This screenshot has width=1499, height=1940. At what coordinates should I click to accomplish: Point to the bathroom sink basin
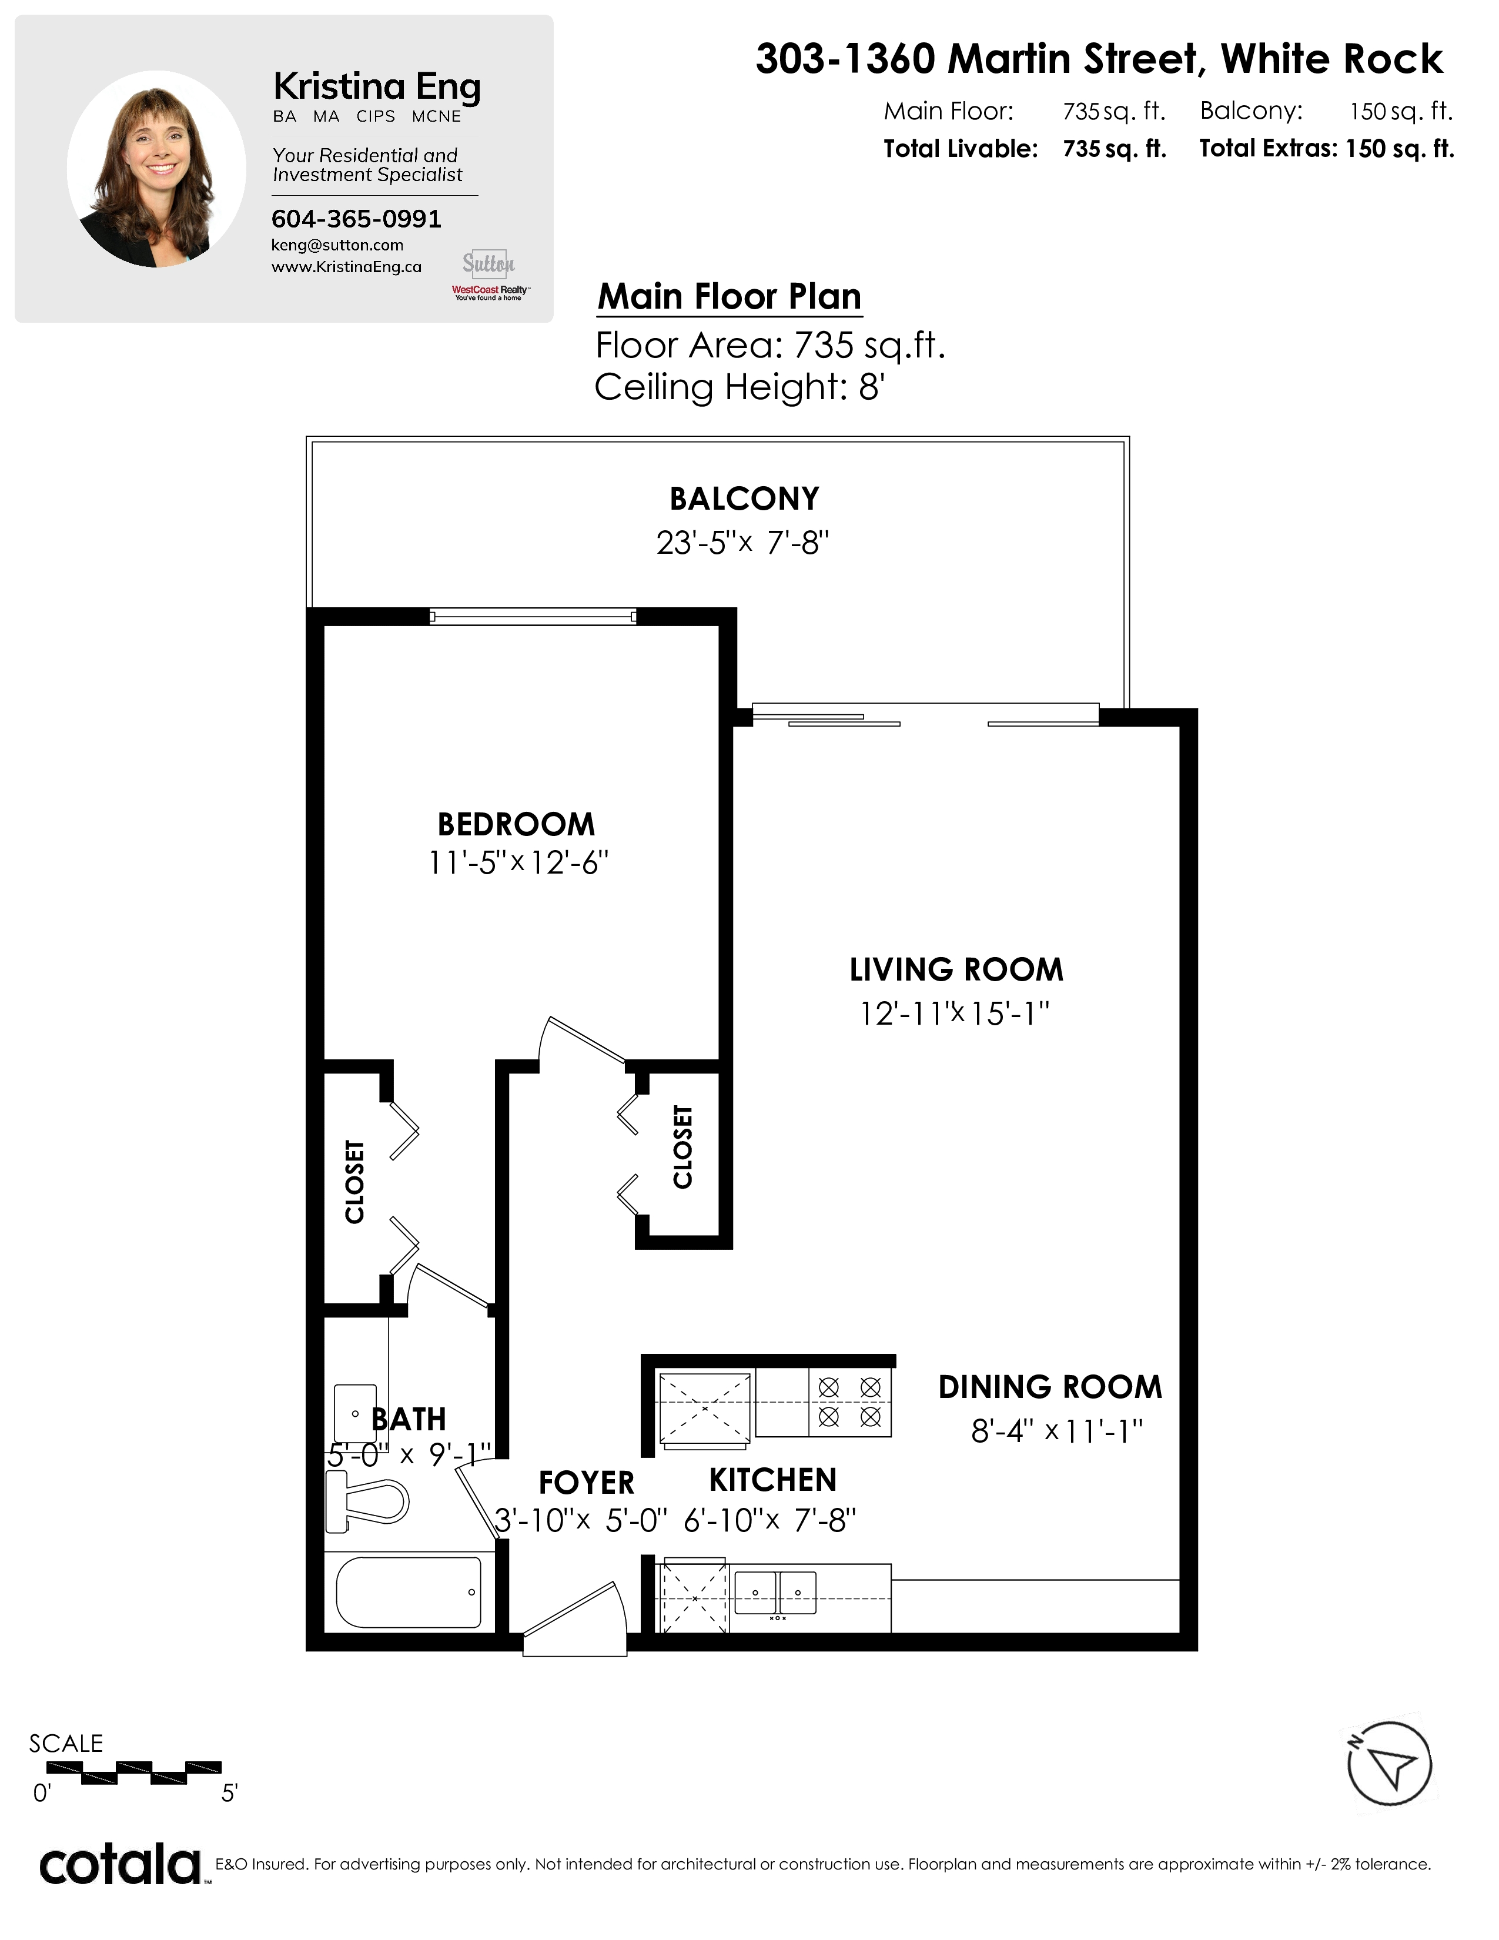click(x=354, y=1412)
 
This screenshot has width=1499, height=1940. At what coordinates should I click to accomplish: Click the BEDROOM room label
click(x=516, y=824)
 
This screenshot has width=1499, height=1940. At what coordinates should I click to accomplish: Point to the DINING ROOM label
click(x=1050, y=1387)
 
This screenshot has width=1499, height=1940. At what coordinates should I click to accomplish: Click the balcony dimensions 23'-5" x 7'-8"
click(x=742, y=542)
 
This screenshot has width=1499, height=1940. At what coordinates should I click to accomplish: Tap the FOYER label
click(x=586, y=1483)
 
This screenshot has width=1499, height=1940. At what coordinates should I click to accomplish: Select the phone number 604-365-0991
click(x=356, y=219)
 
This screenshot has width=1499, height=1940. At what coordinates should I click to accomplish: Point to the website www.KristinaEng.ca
click(x=346, y=266)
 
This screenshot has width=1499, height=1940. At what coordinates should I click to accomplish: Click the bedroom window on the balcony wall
click(x=533, y=616)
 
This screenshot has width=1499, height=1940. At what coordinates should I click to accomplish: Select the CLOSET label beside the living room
click(x=682, y=1147)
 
